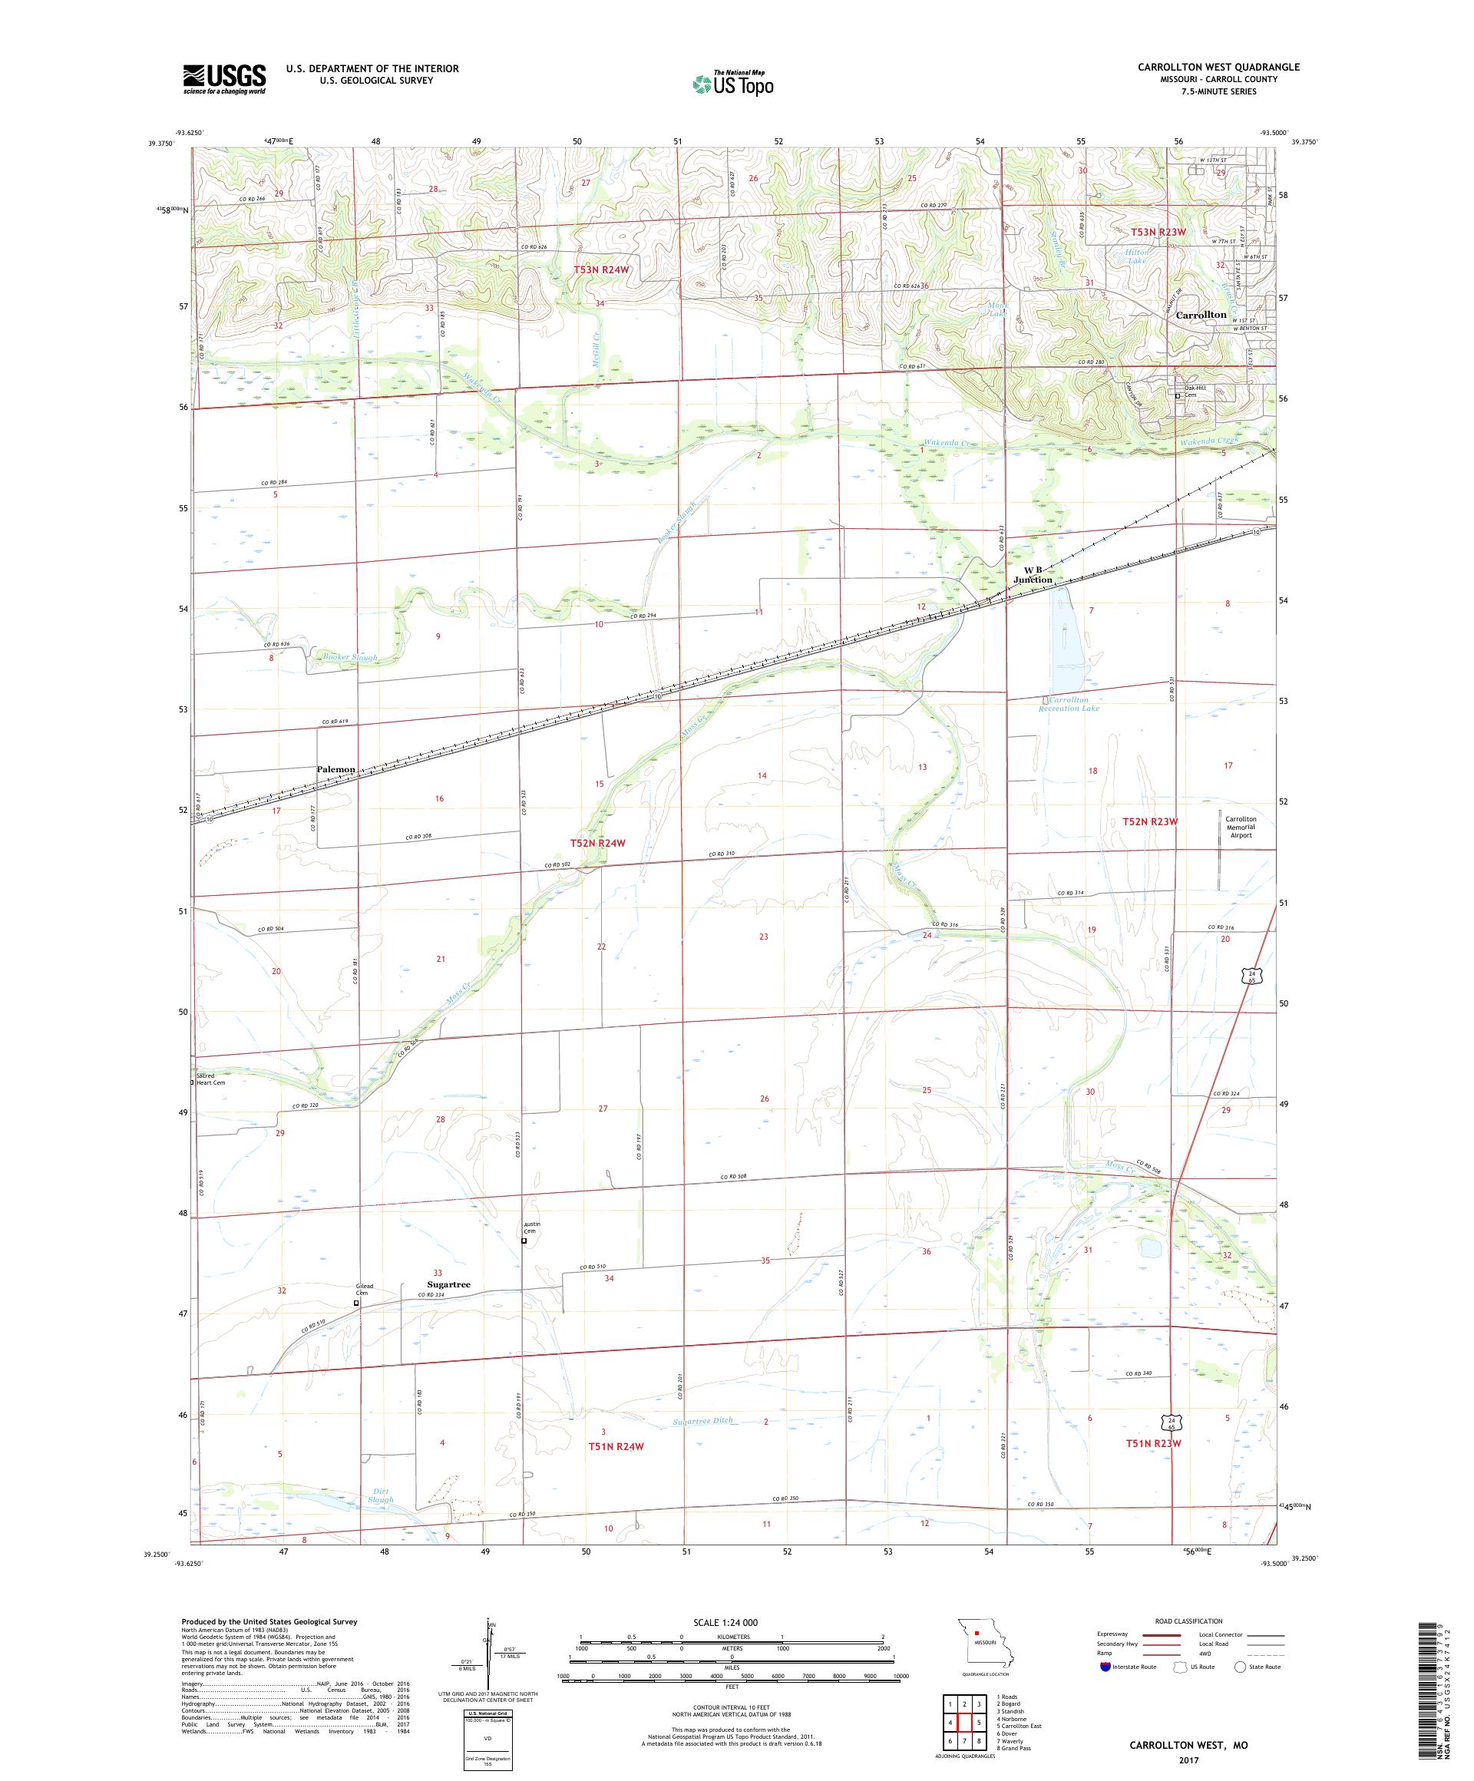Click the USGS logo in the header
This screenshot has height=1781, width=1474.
(x=224, y=79)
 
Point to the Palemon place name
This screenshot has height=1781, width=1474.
(x=335, y=769)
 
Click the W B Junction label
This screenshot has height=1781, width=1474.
(x=1034, y=575)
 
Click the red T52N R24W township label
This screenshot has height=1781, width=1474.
(x=598, y=842)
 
